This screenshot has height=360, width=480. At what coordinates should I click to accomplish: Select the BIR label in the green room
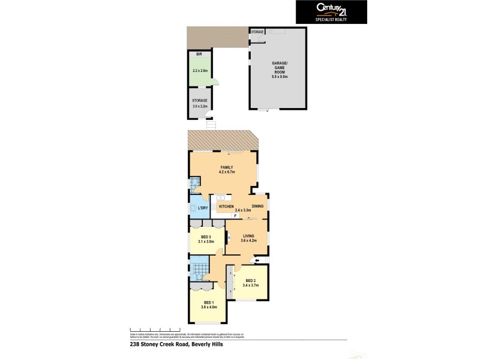tap(198, 54)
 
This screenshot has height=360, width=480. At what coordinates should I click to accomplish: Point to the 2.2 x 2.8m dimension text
tap(200, 71)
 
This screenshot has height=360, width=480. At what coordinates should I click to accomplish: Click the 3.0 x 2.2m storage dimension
tap(200, 106)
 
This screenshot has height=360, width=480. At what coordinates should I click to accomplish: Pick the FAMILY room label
tap(226, 167)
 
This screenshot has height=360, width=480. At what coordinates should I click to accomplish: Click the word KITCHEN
tap(226, 206)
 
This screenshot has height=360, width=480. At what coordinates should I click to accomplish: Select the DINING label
tap(257, 206)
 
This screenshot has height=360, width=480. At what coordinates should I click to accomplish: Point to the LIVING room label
tap(249, 236)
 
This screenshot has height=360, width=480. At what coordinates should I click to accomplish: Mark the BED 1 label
tap(209, 302)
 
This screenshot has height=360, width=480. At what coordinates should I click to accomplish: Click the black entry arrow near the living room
tap(257, 260)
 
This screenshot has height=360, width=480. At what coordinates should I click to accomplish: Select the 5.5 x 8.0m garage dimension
tap(278, 77)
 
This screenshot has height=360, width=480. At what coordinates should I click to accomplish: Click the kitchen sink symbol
tap(220, 197)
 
